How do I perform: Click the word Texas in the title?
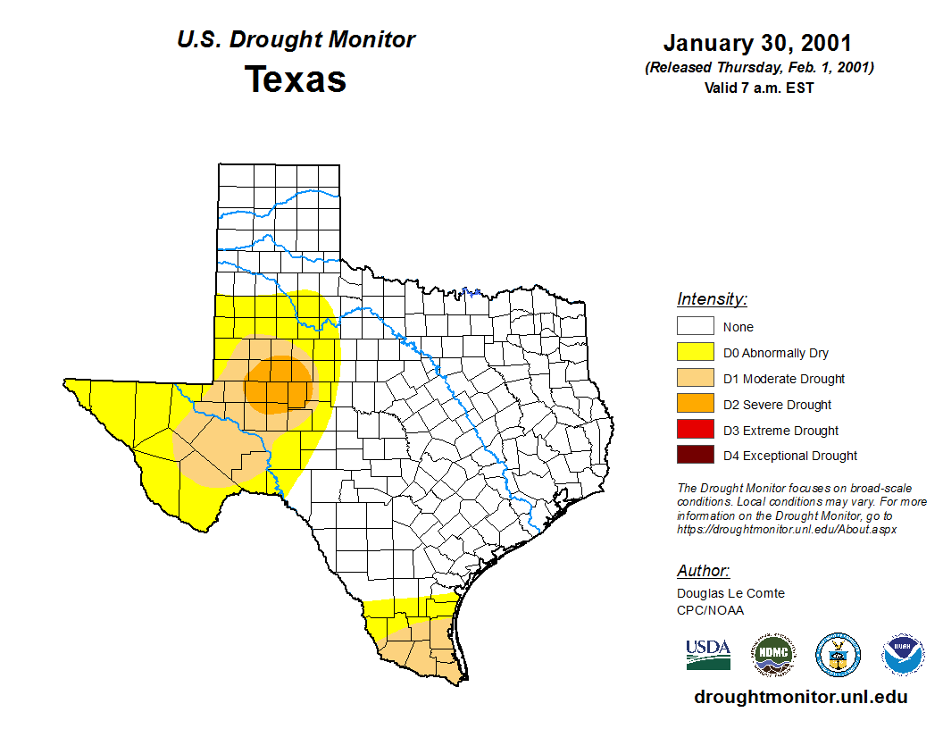[x=296, y=80]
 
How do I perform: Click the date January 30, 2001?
[x=757, y=43]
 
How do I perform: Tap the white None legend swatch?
[x=696, y=327]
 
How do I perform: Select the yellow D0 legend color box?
[x=696, y=353]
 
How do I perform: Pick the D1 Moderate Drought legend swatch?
[x=696, y=379]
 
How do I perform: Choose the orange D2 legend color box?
[x=696, y=404]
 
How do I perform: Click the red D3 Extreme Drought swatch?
[x=696, y=430]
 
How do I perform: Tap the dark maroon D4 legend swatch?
[x=696, y=456]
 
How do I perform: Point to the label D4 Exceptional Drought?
[x=790, y=456]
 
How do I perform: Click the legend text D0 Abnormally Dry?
[x=776, y=353]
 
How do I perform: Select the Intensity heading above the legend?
[x=712, y=299]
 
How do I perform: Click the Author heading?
[x=704, y=571]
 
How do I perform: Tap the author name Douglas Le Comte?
[x=730, y=593]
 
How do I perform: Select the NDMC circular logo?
[x=772, y=655]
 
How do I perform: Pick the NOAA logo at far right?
[x=903, y=655]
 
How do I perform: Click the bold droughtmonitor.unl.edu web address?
[x=801, y=698]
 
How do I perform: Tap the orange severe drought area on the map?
[x=280, y=384]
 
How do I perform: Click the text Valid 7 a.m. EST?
[x=758, y=88]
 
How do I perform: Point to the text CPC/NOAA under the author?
[x=710, y=610]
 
